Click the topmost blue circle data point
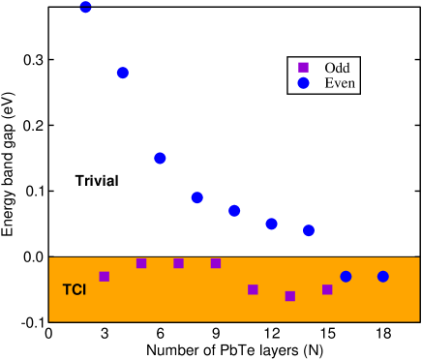tap(85, 7)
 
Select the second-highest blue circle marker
tap(123, 73)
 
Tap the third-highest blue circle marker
tap(160, 158)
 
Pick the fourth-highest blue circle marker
tap(196, 197)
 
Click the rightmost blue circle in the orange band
tap(382, 277)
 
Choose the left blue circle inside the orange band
tap(346, 277)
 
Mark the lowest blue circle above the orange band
tap(309, 230)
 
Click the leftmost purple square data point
tap(105, 277)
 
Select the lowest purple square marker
tap(289, 296)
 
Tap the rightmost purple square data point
tap(327, 289)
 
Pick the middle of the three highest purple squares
tap(178, 263)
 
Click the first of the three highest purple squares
tap(141, 263)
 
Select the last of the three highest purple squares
tap(216, 263)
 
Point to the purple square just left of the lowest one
tap(253, 289)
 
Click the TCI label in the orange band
tap(75, 289)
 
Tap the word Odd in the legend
tap(337, 68)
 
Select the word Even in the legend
tap(340, 84)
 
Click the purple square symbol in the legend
tap(303, 68)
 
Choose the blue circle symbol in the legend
tap(303, 84)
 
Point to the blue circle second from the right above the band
tap(271, 224)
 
